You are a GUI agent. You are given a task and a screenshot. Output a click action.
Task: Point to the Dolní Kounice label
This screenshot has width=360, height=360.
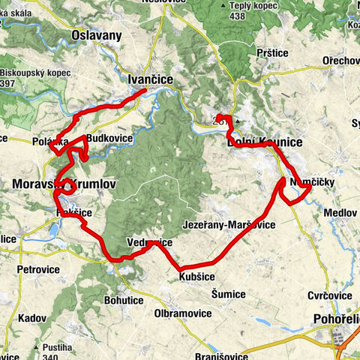[264, 142]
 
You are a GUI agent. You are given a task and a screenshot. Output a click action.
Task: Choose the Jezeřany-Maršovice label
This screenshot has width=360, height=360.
[229, 225]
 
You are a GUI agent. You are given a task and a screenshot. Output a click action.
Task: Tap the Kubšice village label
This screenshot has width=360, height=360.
[197, 277]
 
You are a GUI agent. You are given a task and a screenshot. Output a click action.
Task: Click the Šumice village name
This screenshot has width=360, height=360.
[229, 293]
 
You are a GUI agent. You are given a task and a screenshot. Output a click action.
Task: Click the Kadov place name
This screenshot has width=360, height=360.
[32, 318]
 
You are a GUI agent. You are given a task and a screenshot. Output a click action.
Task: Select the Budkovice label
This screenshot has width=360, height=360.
[110, 139]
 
